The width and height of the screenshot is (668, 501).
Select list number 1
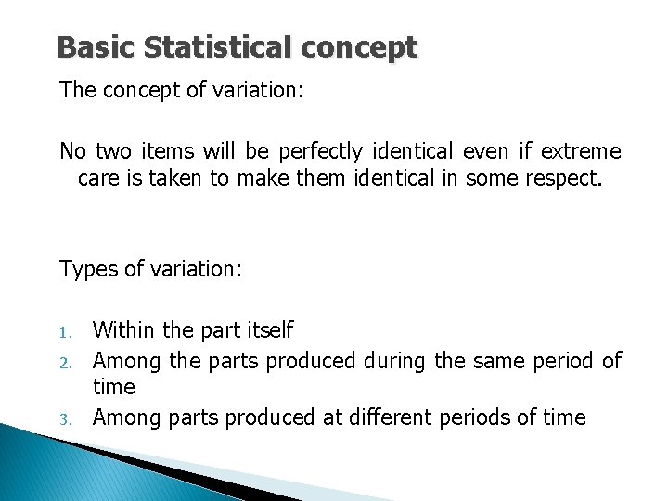click(64, 331)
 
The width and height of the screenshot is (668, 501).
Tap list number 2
click(65, 361)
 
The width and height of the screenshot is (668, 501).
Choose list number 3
click(65, 419)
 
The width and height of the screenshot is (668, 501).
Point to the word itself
click(270, 329)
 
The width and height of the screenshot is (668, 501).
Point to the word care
click(97, 177)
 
